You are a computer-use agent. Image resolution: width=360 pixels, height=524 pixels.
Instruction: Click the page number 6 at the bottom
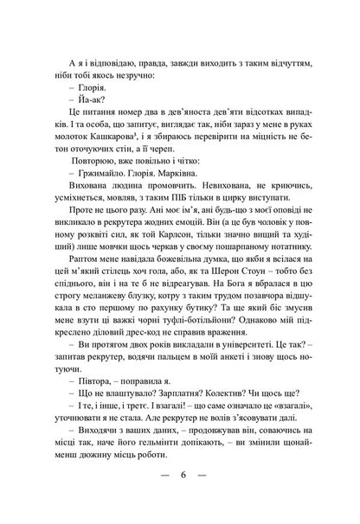(x=180, y=476)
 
